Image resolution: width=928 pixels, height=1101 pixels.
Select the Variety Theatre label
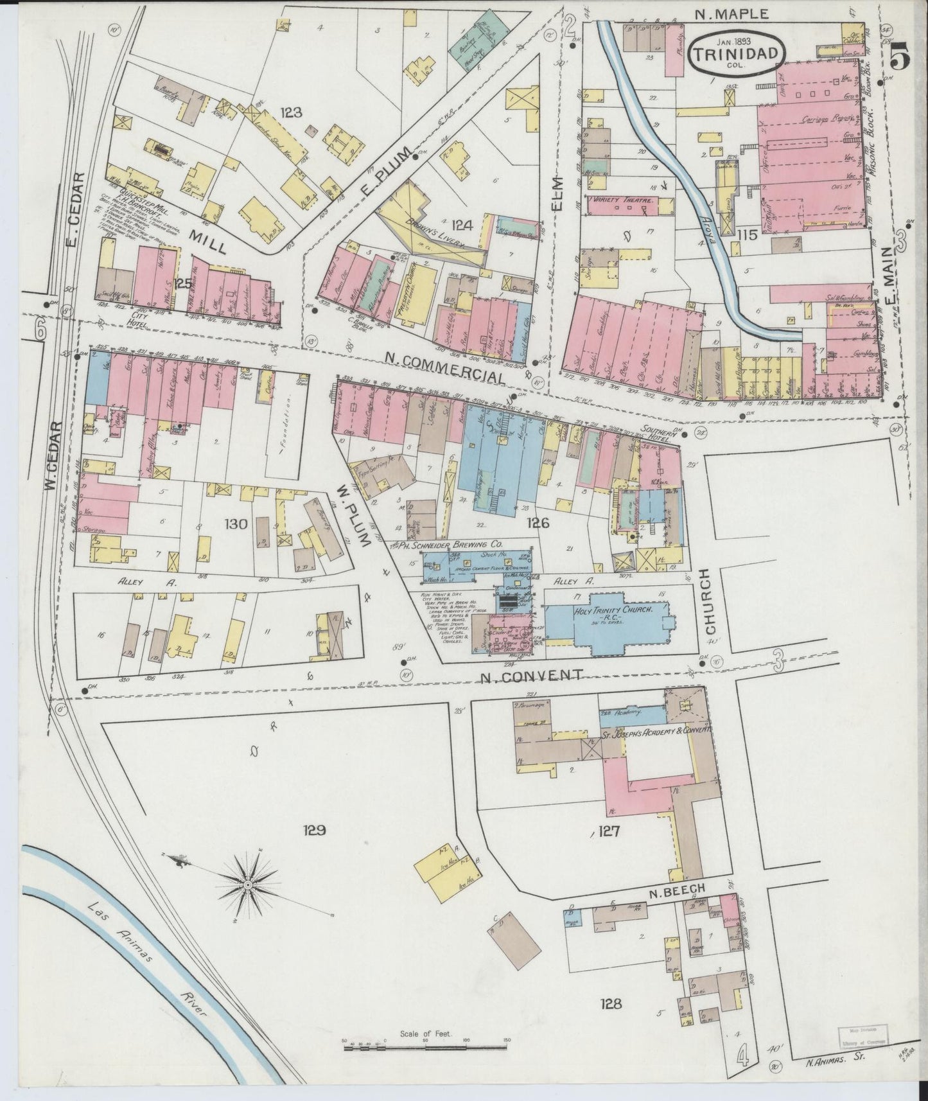[x=623, y=201]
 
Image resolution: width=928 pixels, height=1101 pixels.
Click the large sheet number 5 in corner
[x=901, y=59]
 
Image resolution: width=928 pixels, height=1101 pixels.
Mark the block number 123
[x=291, y=113]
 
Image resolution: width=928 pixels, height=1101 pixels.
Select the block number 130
[x=236, y=524]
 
